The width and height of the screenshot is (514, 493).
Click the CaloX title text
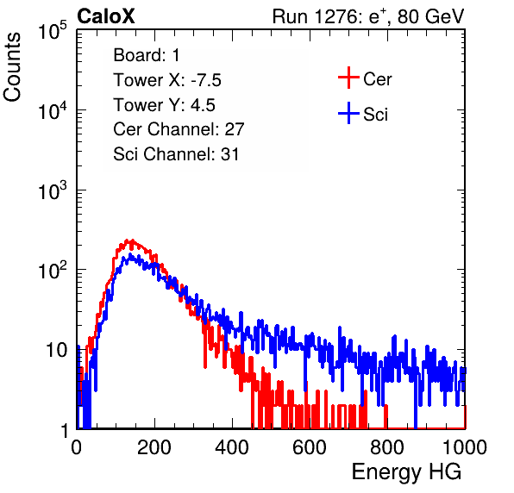click(106, 16)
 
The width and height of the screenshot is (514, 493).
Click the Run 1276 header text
click(368, 16)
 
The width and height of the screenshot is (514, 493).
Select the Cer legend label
click(377, 79)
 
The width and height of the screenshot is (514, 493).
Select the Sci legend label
click(375, 114)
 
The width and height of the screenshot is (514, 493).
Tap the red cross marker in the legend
click(348, 78)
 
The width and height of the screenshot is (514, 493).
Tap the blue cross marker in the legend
click(348, 113)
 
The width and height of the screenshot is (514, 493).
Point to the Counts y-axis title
click(12, 67)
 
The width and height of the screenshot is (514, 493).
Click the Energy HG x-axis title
click(406, 472)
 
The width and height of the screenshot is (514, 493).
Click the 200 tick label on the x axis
click(154, 447)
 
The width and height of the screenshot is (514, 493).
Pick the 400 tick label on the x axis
click(232, 447)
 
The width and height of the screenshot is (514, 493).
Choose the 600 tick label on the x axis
click(310, 447)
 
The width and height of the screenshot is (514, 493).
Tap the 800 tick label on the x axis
click(387, 447)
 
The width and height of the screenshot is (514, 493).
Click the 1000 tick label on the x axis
click(465, 447)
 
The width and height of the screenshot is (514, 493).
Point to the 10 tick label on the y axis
click(57, 350)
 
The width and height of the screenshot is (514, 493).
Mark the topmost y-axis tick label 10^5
click(52, 31)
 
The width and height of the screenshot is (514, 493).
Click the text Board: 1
click(147, 55)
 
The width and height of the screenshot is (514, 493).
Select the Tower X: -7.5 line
click(167, 80)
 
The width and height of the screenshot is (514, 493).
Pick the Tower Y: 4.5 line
click(164, 105)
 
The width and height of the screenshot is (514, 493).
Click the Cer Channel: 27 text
click(179, 129)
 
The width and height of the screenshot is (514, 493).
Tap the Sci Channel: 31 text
click(176, 154)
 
